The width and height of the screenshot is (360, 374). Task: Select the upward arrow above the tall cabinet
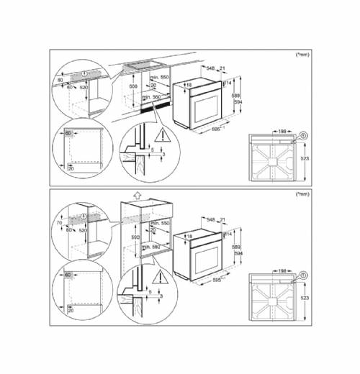click(136, 194)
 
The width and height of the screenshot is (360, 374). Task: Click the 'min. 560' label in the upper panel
click(150, 96)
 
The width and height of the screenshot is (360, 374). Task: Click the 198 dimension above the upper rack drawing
click(283, 132)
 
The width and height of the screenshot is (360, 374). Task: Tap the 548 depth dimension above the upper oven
click(210, 68)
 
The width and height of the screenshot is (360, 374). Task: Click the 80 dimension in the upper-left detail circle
click(60, 80)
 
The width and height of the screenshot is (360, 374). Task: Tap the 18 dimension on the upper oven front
click(189, 84)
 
